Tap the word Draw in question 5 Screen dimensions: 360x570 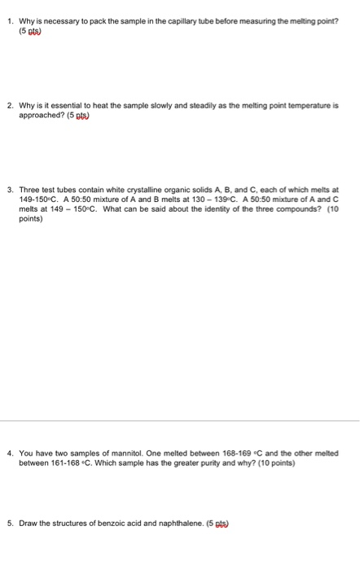28,524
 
